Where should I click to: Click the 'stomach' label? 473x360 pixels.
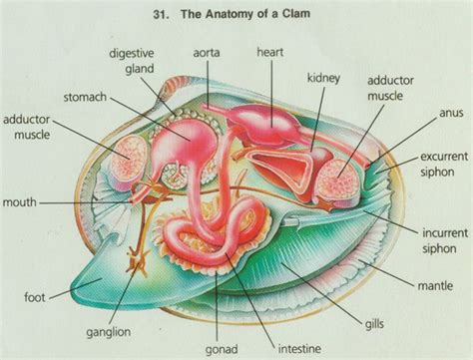119,98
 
